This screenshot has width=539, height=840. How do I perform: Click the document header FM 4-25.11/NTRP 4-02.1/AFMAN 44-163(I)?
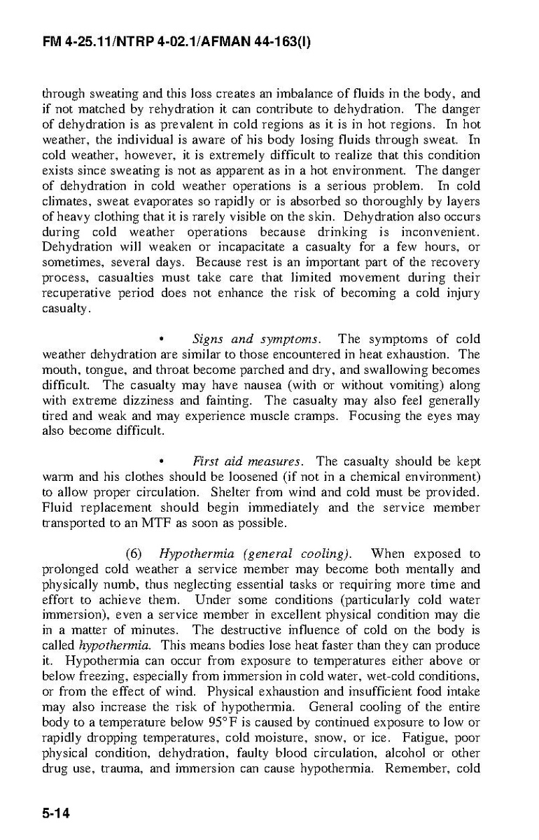[x=176, y=43]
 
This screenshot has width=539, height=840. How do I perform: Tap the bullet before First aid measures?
[x=162, y=463]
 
